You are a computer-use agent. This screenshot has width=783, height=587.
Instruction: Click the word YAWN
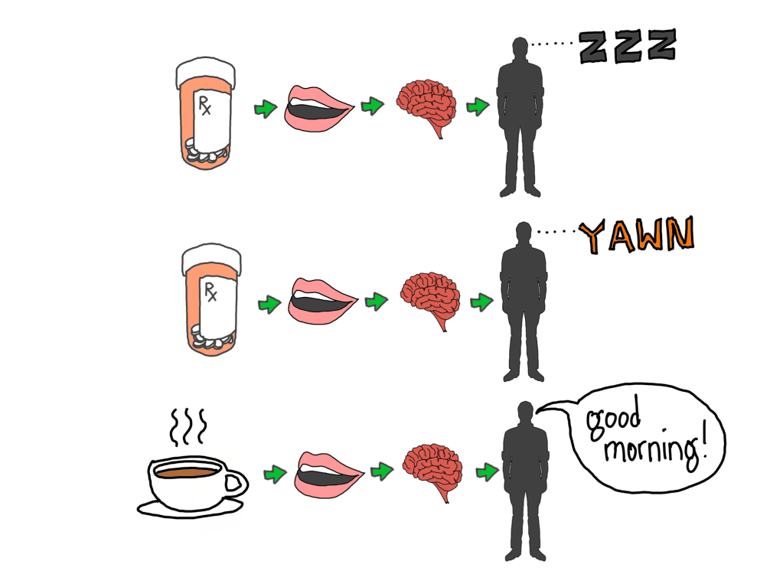pos(635,236)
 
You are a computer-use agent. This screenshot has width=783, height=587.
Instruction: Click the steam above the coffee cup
pos(188,429)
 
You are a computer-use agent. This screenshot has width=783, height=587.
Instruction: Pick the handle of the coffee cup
pos(237,483)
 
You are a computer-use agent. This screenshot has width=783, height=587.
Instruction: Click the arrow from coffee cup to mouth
pos(273,474)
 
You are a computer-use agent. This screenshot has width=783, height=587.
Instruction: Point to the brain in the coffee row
pos(430,468)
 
